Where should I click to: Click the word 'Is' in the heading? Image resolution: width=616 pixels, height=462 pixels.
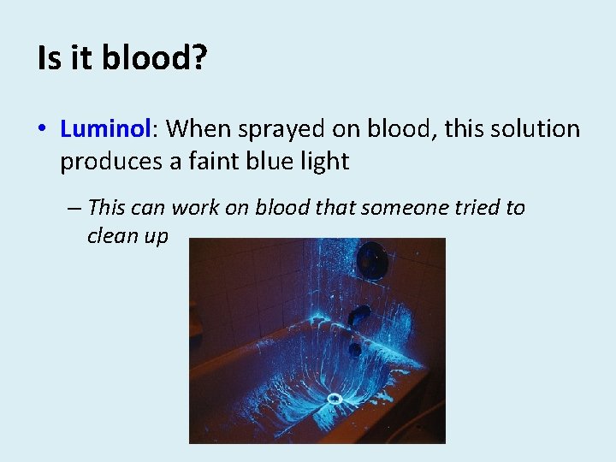tap(50, 58)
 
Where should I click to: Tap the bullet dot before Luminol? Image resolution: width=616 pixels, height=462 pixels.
tap(42, 130)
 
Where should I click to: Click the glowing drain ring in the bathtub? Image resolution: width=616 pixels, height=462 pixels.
tap(335, 398)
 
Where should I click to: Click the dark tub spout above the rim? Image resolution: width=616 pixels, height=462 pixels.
tap(358, 314)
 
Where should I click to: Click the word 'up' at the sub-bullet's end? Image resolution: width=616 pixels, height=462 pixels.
tap(157, 237)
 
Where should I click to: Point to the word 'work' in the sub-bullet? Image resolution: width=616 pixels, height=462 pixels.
tap(195, 207)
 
